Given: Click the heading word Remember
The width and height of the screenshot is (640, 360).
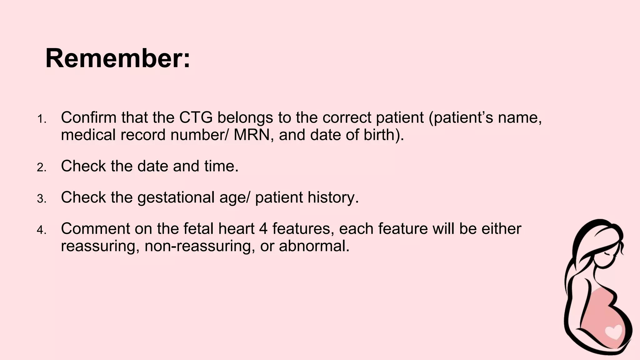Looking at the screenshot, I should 117,58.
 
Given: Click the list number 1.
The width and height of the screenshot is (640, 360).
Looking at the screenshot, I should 41,119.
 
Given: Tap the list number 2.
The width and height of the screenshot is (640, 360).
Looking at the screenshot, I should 41,168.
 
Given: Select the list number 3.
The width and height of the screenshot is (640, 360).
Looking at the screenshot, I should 41,199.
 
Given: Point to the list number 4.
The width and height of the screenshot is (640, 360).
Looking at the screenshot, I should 41,230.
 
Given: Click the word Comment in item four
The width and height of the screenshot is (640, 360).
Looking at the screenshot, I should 95,229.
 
